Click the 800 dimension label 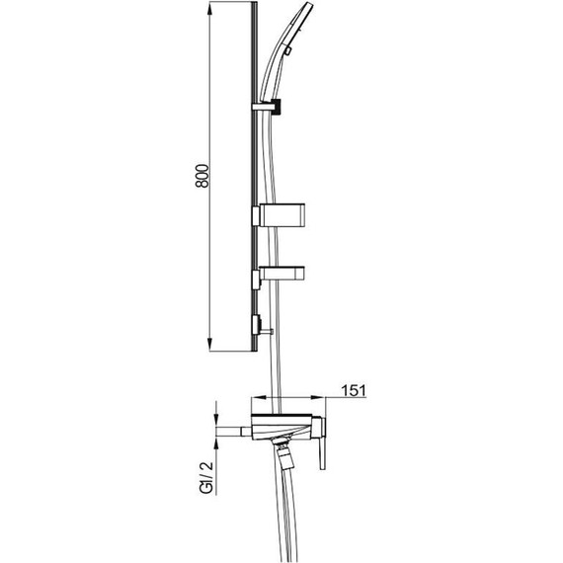click(202, 176)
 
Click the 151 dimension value click(354, 390)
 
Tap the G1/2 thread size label click(206, 477)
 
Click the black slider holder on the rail click(276, 107)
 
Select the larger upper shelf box click(282, 215)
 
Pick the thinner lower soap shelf click(282, 274)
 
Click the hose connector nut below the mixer click(284, 456)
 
